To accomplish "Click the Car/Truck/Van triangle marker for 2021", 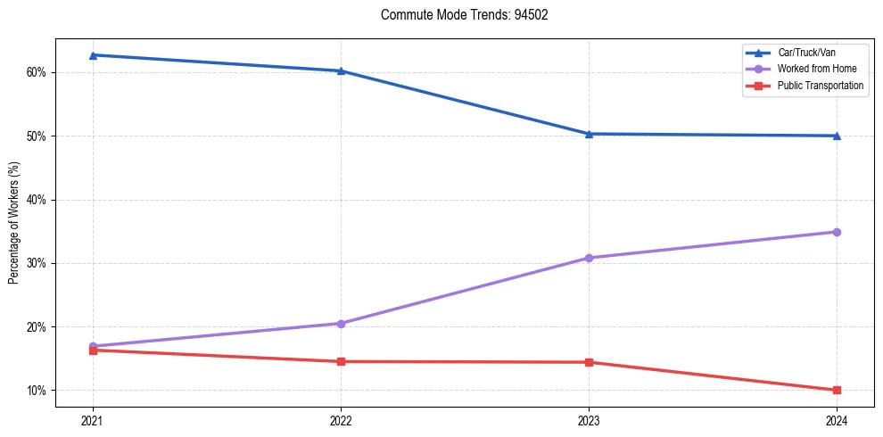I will (x=93, y=55).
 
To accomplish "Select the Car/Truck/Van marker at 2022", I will (x=341, y=70).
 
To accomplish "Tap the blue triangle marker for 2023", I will (x=589, y=134).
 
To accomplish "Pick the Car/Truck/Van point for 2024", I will (x=837, y=136).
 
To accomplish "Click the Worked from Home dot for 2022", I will (x=341, y=324).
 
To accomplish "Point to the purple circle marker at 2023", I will (x=589, y=258).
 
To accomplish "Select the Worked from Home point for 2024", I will (x=837, y=232).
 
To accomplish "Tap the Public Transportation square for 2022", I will (x=341, y=361).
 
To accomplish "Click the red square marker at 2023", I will (x=589, y=362).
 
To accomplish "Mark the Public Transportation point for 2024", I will (x=837, y=390).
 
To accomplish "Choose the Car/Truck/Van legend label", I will (x=806, y=53).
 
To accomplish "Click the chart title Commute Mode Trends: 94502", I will (x=457, y=15).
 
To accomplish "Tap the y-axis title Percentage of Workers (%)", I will (x=13, y=223).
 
